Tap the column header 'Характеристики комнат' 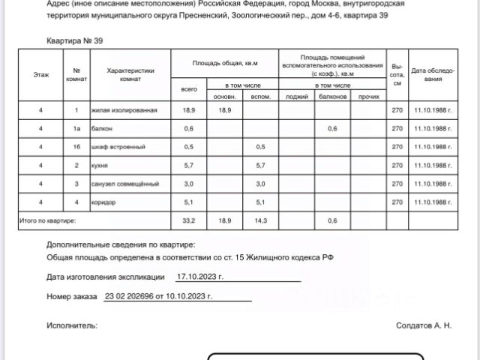[130, 75]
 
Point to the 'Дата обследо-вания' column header [433, 75]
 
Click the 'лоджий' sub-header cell [297, 97]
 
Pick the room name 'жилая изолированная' [124, 110]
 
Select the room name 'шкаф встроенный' [118, 147]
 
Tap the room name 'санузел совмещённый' [125, 184]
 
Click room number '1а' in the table [76, 129]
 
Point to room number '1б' [76, 147]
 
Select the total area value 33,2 [189, 220]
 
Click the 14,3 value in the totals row [261, 220]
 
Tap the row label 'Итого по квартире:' [47, 220]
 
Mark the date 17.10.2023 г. [200, 277]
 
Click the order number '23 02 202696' [132, 296]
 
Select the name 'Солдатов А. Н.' [424, 325]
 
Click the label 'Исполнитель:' [72, 325]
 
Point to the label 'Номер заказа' [72, 297]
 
